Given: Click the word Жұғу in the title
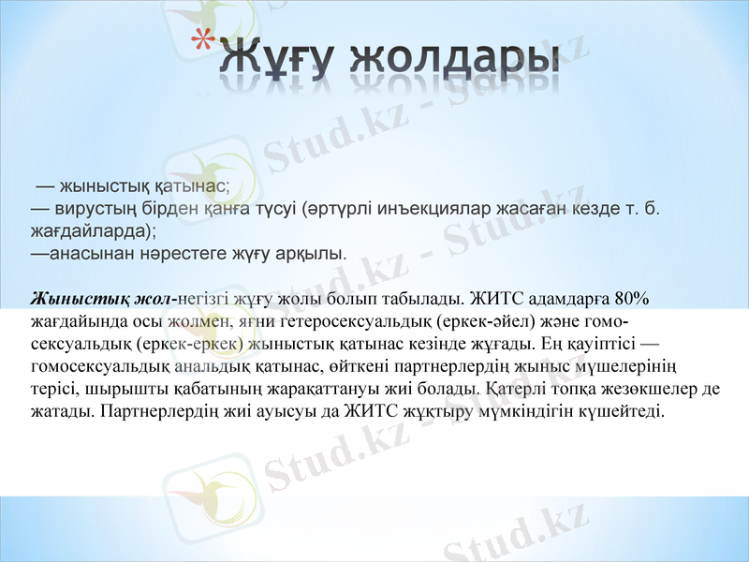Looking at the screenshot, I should point(276,58).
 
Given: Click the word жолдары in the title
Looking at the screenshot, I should point(448,58).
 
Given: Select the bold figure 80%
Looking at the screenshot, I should point(634,299).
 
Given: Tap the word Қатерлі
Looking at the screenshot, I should point(511,386).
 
